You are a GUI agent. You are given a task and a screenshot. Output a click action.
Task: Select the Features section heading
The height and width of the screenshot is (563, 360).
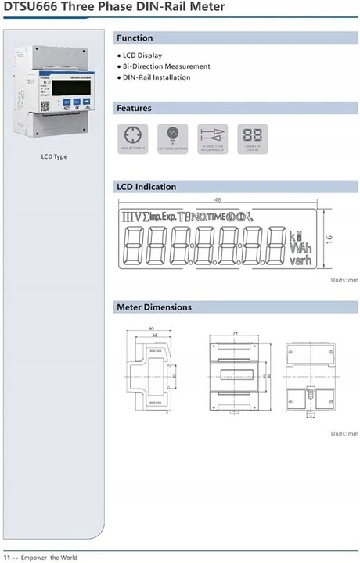click(x=134, y=108)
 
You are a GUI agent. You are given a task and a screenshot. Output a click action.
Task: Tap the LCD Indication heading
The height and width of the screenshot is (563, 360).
click(x=146, y=187)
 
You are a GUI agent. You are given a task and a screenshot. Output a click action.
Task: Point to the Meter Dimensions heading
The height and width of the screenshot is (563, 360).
click(x=153, y=307)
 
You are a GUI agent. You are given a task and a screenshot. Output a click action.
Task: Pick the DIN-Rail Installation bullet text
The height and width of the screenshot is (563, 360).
click(x=157, y=77)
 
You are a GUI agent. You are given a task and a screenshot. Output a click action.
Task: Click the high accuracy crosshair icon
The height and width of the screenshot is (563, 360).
click(x=132, y=135)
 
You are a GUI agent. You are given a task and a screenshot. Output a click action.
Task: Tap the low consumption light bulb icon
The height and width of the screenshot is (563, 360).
click(x=172, y=135)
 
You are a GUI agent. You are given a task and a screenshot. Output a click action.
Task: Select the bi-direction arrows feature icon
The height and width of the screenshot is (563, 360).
click(x=212, y=135)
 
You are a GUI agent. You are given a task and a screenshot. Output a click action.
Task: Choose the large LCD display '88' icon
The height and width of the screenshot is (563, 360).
click(x=252, y=135)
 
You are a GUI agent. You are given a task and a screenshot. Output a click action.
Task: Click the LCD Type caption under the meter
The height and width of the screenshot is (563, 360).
click(x=54, y=156)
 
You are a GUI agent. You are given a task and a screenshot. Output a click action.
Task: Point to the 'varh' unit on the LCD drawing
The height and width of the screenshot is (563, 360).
click(x=301, y=260)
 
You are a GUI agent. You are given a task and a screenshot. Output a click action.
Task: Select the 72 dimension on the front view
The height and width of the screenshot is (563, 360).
click(x=235, y=334)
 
